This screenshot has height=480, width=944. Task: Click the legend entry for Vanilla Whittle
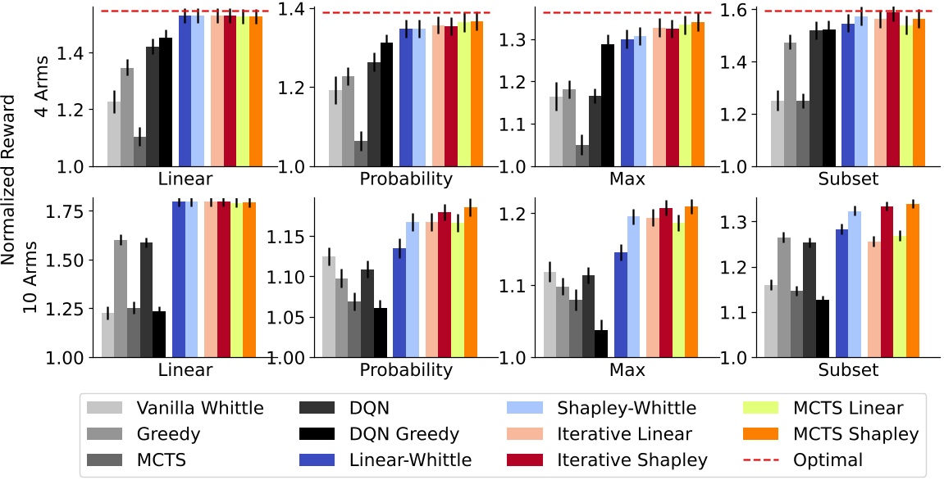pos(197,407)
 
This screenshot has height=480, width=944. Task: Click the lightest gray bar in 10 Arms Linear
pos(107,335)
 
